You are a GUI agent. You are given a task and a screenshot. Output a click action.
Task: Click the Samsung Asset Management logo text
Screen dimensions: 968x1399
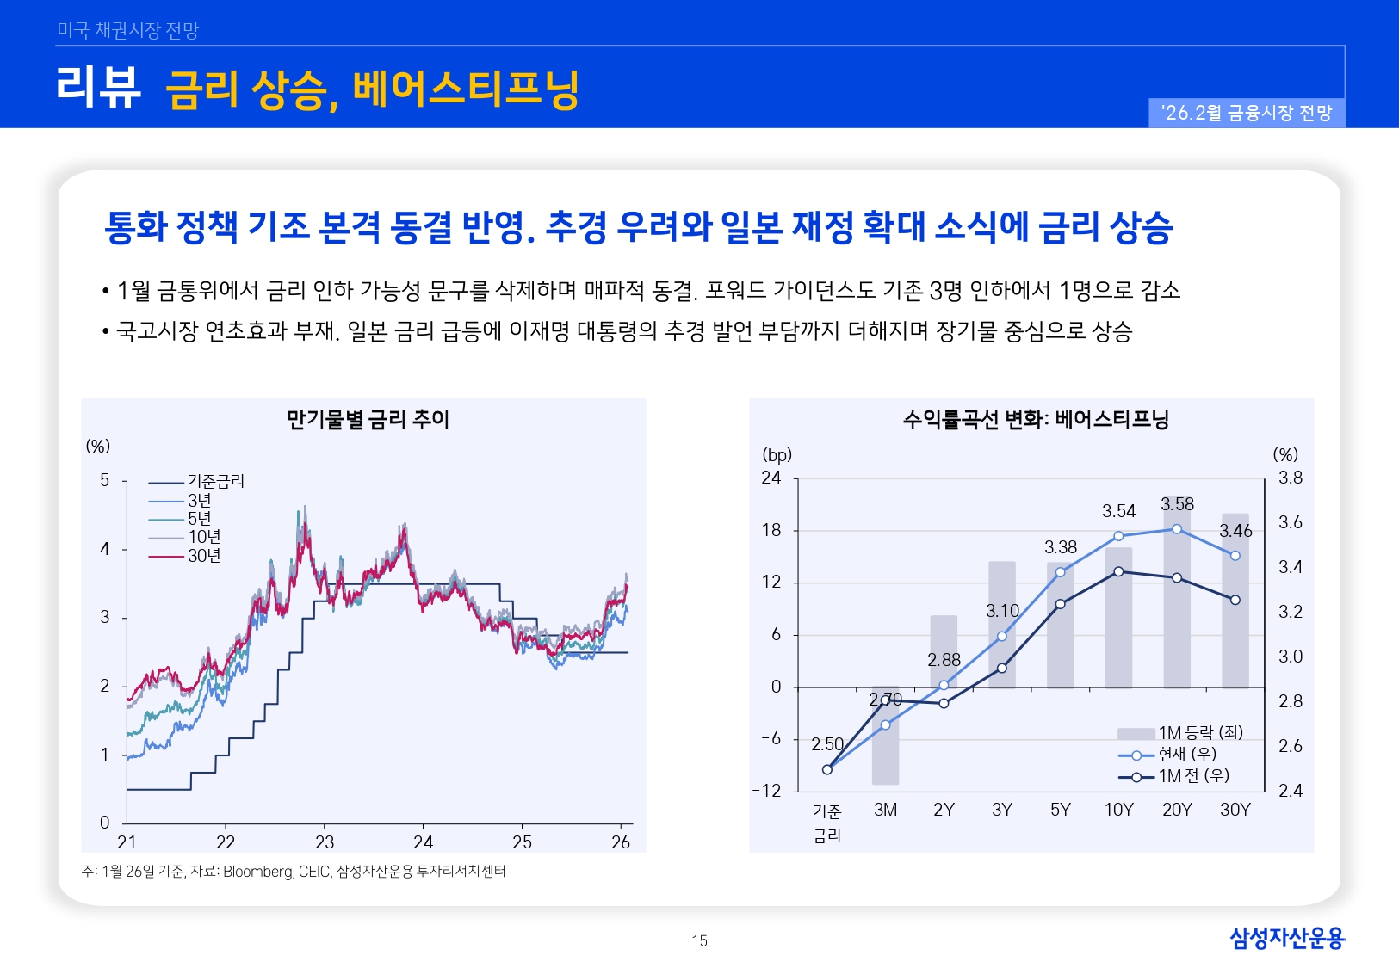(x=1286, y=938)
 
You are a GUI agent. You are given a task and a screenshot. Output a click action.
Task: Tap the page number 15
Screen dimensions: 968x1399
(x=699, y=940)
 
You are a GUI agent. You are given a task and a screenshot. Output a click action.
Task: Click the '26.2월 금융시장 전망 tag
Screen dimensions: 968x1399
(x=1246, y=113)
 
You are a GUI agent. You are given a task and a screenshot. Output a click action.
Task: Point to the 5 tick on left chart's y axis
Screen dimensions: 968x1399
(x=105, y=480)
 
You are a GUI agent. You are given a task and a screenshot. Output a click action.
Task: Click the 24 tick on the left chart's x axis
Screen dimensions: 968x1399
(x=423, y=842)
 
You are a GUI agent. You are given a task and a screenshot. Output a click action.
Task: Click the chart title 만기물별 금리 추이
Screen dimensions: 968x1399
(x=368, y=419)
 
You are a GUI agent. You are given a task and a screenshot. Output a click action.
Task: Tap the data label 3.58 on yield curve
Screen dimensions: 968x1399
(x=1177, y=504)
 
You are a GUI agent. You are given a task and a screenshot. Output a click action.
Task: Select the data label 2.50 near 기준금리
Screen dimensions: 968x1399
(x=826, y=743)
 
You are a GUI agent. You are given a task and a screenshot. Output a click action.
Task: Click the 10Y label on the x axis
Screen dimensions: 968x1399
(x=1118, y=810)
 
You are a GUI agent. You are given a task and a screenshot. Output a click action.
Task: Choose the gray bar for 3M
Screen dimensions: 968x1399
(x=885, y=740)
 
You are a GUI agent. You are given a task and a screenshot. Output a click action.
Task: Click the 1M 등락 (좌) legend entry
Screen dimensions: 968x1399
(x=1200, y=733)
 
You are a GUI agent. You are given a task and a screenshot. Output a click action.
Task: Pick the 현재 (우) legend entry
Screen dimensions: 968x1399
(x=1186, y=754)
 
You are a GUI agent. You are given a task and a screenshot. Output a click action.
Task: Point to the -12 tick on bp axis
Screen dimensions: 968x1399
(x=766, y=791)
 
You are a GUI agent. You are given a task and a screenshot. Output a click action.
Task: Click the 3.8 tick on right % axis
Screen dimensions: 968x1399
(x=1290, y=478)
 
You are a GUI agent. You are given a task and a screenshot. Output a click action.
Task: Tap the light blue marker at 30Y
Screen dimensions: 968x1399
(x=1235, y=556)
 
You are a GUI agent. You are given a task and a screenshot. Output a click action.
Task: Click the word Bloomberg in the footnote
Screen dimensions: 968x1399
(x=257, y=872)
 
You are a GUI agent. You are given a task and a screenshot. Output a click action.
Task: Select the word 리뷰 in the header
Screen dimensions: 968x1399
(x=98, y=87)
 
